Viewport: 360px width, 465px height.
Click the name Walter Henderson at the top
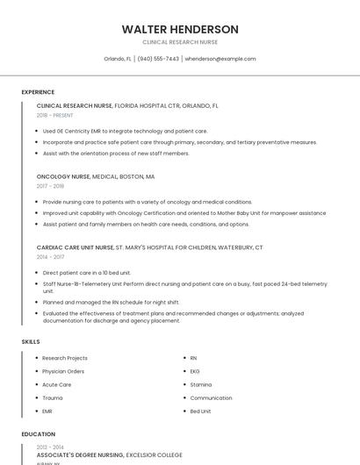click(x=180, y=29)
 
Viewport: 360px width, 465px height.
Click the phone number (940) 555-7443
click(x=158, y=59)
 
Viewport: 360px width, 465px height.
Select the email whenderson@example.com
click(x=220, y=59)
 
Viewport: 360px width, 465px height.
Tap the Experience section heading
click(x=38, y=92)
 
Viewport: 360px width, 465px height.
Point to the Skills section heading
click(x=31, y=341)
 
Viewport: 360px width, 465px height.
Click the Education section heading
click(x=38, y=433)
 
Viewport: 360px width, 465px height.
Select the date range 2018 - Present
click(x=55, y=115)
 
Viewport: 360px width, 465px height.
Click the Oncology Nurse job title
click(x=63, y=175)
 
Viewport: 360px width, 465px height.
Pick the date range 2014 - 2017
click(x=50, y=257)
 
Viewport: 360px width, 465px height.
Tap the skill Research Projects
click(x=65, y=358)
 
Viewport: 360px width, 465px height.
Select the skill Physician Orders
click(x=63, y=371)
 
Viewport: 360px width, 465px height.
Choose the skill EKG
click(x=195, y=371)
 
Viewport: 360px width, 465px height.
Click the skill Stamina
click(x=201, y=384)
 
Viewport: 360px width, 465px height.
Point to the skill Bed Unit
click(x=201, y=411)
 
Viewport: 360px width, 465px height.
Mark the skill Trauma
click(x=53, y=397)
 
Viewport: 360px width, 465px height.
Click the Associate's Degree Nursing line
click(x=110, y=455)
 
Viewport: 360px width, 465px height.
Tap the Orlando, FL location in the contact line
click(x=118, y=59)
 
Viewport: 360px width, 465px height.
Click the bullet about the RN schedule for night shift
click(x=111, y=302)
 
